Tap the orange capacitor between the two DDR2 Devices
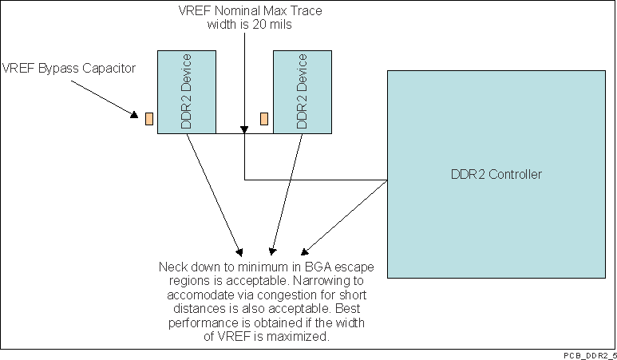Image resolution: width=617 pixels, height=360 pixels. click(264, 119)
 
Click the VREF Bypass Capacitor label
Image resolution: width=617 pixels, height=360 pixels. click(69, 68)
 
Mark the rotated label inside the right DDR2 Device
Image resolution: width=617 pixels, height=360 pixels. click(303, 92)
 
